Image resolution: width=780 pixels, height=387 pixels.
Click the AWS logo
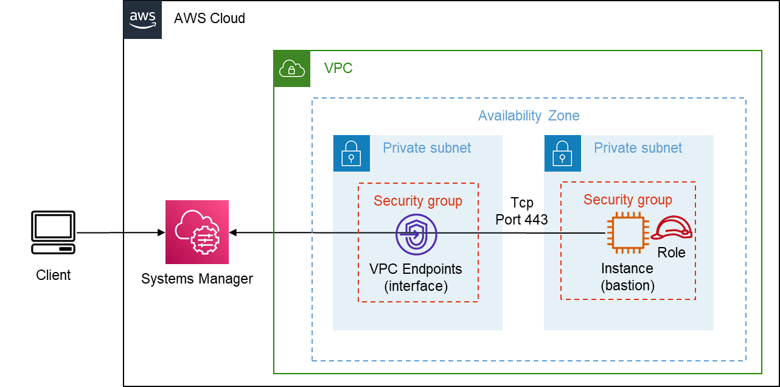tap(142, 19)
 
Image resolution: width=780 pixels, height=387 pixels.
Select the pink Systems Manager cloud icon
tap(197, 232)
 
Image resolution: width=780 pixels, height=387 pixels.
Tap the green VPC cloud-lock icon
tap(292, 69)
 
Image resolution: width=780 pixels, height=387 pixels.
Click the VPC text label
tap(338, 68)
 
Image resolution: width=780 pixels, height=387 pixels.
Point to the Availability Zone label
tap(528, 116)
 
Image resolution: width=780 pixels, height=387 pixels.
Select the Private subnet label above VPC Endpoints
tap(427, 148)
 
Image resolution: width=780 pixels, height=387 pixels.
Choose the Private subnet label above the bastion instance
tap(638, 148)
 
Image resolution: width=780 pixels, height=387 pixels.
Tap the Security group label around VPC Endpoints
tap(417, 201)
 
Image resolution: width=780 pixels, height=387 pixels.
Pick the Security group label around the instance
tap(627, 200)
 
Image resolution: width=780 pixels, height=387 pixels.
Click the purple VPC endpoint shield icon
tap(416, 234)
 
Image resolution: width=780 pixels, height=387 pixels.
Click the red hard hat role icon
tap(672, 229)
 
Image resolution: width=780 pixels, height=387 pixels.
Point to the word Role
tap(671, 253)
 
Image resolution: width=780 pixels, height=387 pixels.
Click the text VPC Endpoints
tap(416, 269)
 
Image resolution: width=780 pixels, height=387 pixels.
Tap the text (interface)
tap(416, 286)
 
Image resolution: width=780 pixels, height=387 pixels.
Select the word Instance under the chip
tap(627, 268)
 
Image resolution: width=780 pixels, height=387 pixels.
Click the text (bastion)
tap(627, 285)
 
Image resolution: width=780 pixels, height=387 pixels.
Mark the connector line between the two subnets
tap(523, 233)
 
